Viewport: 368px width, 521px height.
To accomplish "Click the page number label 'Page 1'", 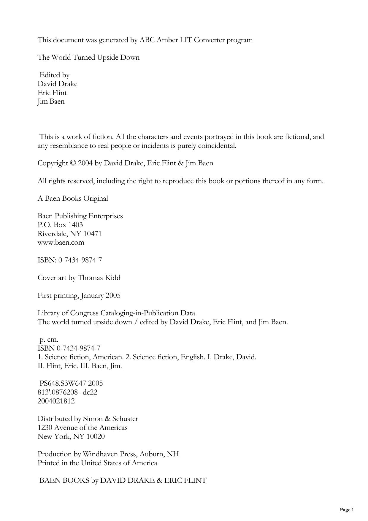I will [347, 510].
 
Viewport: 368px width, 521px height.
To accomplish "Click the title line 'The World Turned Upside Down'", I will [88, 57].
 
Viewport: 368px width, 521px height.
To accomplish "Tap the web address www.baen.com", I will [61, 242].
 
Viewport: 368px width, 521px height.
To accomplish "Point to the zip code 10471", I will [93, 234].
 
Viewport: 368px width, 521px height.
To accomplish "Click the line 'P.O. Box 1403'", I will [60, 225].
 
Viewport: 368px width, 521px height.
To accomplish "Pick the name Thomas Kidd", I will [99, 278].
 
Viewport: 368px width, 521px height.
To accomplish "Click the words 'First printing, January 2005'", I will [79, 295].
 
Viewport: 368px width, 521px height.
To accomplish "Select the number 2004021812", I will [56, 401].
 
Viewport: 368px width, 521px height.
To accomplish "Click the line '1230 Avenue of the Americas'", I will [83, 427].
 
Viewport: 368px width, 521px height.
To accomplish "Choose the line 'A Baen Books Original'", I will [73, 198].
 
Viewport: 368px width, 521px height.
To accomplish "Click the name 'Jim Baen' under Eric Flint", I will [51, 102].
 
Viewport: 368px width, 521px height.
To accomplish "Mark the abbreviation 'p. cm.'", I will [49, 339].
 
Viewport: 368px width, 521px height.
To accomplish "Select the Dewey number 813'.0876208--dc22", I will [68, 392].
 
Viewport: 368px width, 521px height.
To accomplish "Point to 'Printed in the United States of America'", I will [97, 463].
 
